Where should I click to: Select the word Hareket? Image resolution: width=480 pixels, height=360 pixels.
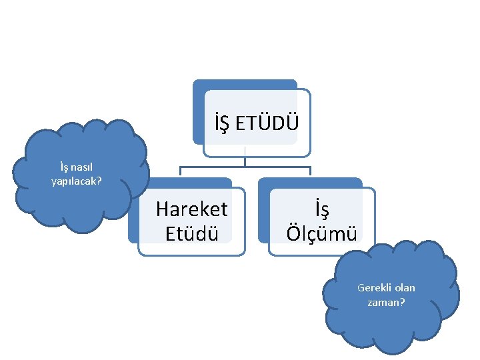click(191, 209)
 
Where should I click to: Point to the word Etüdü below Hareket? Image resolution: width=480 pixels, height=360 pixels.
click(191, 233)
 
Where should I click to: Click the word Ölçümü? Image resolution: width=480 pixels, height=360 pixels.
click(322, 233)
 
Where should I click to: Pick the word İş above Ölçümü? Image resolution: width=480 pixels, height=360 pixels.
click(322, 209)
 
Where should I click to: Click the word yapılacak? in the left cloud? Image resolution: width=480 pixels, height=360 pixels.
click(77, 180)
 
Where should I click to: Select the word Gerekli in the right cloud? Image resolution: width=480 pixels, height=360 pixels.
click(375, 288)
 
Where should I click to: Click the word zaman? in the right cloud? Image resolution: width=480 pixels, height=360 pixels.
click(386, 301)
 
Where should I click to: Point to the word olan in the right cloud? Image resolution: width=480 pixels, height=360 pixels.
click(405, 288)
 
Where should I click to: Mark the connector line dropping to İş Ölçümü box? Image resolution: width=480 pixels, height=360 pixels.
click(311, 172)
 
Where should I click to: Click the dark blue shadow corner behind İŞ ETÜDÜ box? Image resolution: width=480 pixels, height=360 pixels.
click(199, 85)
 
